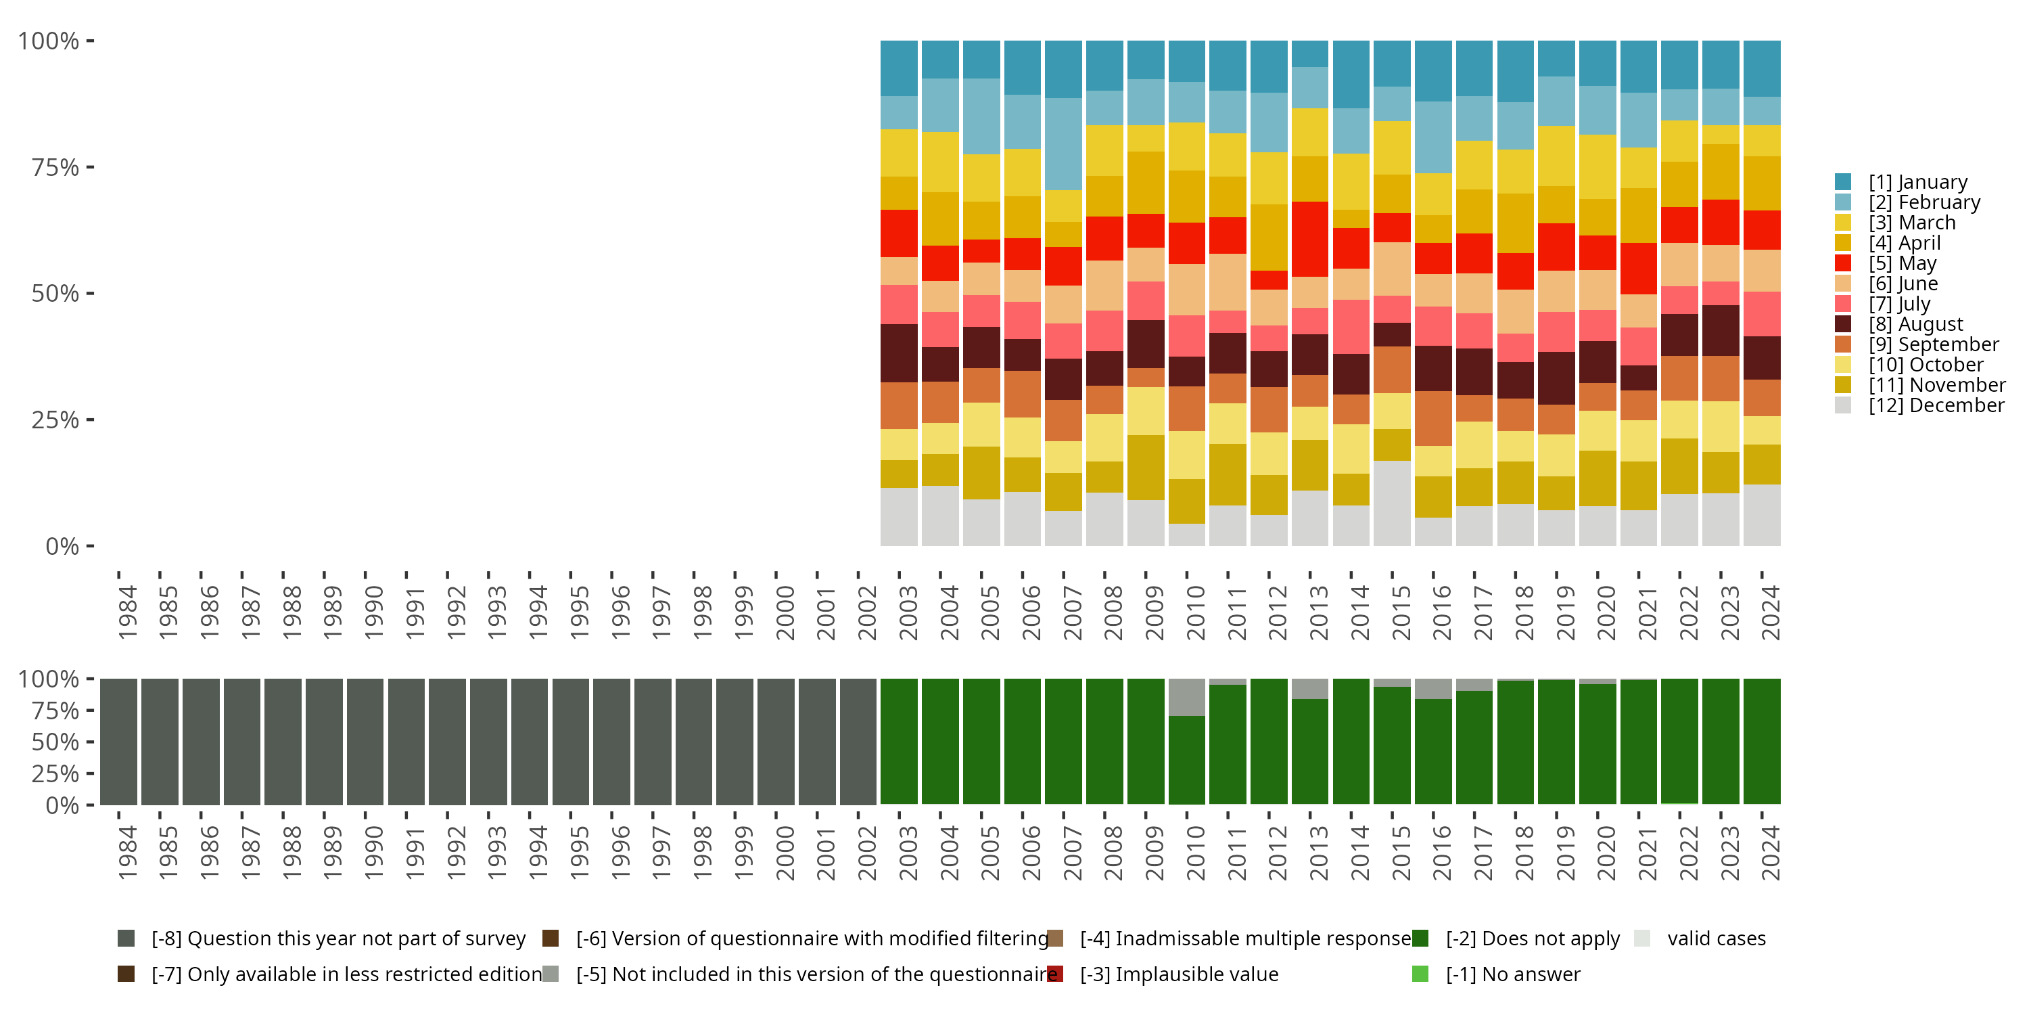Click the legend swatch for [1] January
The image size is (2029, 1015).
[x=1842, y=182]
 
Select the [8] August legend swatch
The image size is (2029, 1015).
[x=1842, y=324]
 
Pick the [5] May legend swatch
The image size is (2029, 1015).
[x=1842, y=263]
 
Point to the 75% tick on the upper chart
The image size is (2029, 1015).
[x=90, y=167]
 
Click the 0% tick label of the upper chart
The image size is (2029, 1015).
[x=62, y=546]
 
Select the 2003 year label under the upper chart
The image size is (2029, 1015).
[x=908, y=612]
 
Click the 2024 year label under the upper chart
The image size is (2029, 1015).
[x=1769, y=612]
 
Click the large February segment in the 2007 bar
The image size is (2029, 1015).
[x=1063, y=144]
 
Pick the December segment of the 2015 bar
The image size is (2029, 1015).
[x=1392, y=503]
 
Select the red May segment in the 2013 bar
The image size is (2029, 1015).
[x=1310, y=239]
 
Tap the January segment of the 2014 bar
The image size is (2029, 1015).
[x=1351, y=74]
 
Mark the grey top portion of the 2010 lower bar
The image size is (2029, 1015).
[x=1186, y=697]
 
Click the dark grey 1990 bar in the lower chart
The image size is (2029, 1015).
[x=365, y=742]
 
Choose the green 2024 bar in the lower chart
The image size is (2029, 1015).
[x=1762, y=742]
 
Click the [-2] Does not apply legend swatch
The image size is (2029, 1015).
[x=1420, y=938]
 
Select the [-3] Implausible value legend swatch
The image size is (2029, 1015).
[x=1056, y=974]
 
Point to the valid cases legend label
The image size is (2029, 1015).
[x=1717, y=938]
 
